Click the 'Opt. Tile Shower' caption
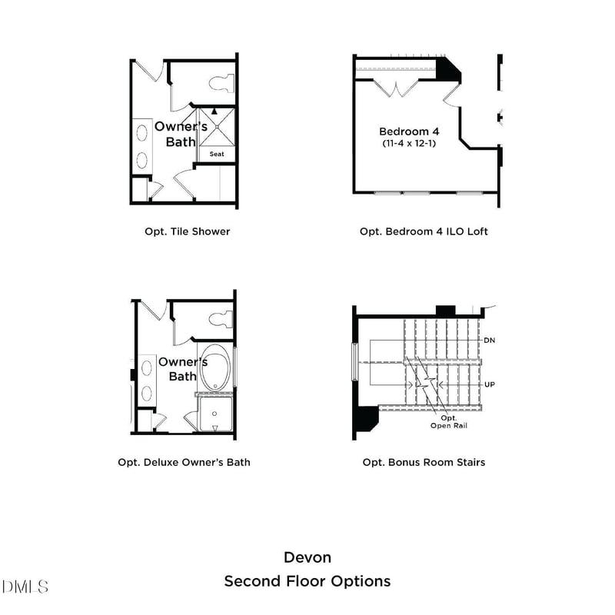click(187, 231)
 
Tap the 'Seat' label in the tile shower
click(217, 155)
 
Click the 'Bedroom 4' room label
click(410, 131)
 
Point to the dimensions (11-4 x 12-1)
click(410, 144)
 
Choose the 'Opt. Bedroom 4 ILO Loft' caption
click(424, 231)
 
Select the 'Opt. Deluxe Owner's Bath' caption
click(184, 462)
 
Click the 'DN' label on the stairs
click(489, 340)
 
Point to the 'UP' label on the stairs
click(489, 384)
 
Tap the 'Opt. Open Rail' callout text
click(449, 421)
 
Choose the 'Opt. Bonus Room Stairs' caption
click(424, 462)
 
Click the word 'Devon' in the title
click(307, 557)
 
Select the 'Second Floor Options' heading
click(307, 581)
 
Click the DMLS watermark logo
click(25, 587)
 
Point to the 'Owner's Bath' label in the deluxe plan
click(182, 369)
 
